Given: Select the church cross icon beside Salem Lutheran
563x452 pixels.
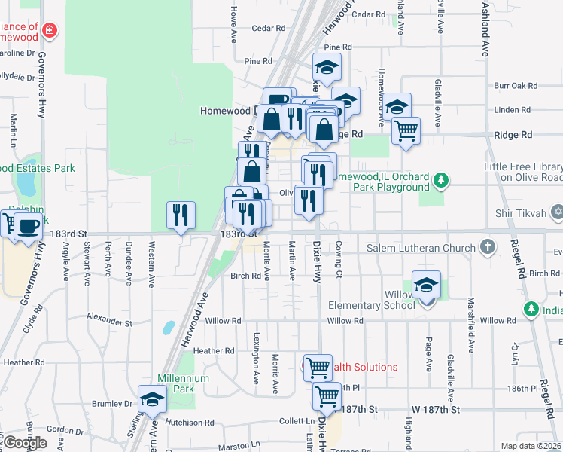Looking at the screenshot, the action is [488, 247].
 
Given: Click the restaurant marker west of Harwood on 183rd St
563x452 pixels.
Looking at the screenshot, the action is [180, 215].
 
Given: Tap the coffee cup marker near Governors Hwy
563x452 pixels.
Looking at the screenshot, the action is [29, 224].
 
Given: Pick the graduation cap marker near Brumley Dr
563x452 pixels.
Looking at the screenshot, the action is [151, 399].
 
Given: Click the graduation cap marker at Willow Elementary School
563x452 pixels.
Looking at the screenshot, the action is [426, 286].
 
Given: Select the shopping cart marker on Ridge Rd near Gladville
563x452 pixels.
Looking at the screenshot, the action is [406, 131].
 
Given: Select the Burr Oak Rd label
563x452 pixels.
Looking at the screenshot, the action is [516, 87].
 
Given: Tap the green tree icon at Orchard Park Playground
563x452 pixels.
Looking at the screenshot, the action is [443, 180].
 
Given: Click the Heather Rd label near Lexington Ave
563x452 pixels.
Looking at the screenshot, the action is [214, 350].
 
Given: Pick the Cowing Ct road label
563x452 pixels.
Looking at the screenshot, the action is [339, 257].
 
